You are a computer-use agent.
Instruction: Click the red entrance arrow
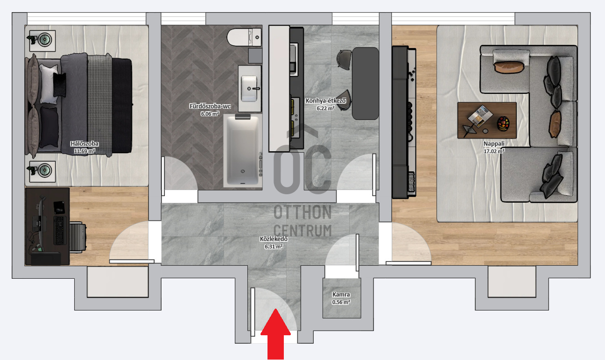pos(275,335)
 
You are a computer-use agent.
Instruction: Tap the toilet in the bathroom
pos(245,37)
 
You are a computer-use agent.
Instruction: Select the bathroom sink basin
pos(249,89)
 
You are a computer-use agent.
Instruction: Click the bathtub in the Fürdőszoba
pos(242,150)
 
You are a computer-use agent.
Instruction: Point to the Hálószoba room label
pos(84,144)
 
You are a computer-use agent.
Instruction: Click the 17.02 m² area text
pos(494,151)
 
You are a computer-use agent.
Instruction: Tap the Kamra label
pos(341,295)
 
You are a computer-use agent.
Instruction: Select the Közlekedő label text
pos(274,239)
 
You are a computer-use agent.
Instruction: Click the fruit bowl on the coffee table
pos(503,124)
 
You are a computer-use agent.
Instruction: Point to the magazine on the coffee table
pos(480,116)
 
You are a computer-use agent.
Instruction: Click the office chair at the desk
pos(78,237)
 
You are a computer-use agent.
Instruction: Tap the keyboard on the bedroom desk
pos(59,230)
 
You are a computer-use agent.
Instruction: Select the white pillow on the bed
pos(49,84)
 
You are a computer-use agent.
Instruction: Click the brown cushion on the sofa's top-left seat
pos(509,68)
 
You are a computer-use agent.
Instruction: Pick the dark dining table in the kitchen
pos(366,84)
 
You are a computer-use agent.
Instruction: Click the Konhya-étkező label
pos(326,101)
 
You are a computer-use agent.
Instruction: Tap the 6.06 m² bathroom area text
pos(210,114)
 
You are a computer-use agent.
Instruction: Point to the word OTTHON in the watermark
pos(302,212)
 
